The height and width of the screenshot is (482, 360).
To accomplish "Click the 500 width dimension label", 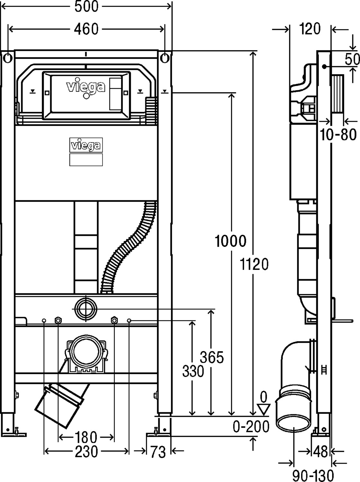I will coord(86,6).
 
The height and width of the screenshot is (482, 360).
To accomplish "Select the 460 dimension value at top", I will coord(86,29).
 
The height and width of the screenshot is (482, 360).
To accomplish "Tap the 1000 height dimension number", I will coord(230,241).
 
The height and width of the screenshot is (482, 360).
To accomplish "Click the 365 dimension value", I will coord(212,357).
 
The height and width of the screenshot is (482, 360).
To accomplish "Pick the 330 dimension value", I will coord(193,371).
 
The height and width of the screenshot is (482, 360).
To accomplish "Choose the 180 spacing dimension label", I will coord(86,437).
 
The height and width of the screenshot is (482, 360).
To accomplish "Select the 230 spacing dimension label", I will coord(86,452).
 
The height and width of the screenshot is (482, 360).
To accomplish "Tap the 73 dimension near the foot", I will coord(158,452).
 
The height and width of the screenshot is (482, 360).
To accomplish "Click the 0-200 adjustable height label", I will coord(251,427).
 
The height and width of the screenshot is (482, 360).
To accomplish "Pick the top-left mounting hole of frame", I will coord(8,58).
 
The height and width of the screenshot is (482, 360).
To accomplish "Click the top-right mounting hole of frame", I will coord(165,58).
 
